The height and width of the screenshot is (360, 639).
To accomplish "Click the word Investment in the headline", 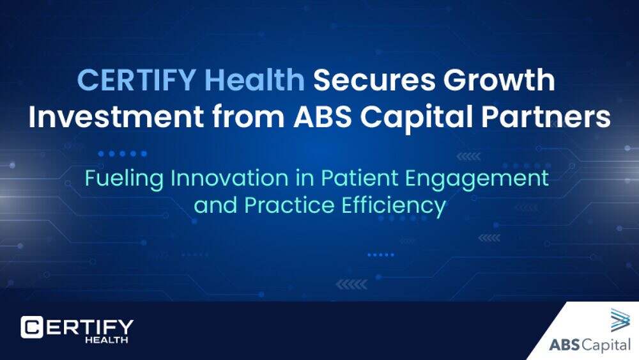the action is click(x=116, y=116).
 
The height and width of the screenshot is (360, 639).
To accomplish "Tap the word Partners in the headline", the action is click(x=546, y=116).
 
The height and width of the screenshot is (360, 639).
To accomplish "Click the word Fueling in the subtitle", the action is click(x=125, y=179).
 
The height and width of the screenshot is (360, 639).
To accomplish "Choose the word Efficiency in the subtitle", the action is click(x=394, y=206).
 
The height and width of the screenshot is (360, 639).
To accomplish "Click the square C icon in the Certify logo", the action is click(x=32, y=327).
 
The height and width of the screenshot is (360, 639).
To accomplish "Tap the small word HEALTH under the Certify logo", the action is click(x=106, y=340).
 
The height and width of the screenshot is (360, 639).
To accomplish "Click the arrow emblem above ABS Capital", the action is click(x=620, y=320).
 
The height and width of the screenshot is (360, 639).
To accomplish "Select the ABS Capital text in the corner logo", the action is click(x=590, y=345).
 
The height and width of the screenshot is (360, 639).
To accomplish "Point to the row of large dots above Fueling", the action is click(x=122, y=153).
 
